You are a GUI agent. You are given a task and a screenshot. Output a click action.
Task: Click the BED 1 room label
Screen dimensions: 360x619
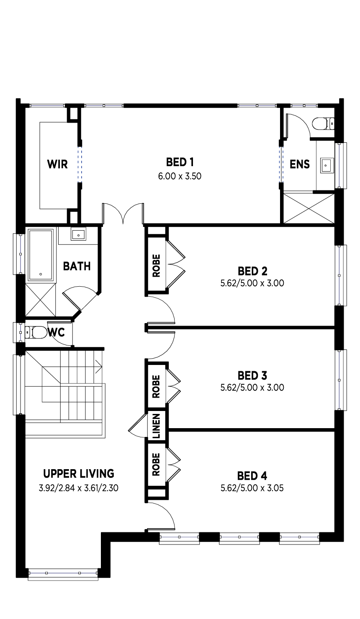point(180,162)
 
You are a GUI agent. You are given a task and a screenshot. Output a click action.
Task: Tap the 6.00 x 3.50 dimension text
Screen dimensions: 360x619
point(180,176)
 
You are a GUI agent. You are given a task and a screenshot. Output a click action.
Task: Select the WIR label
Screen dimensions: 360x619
point(57,164)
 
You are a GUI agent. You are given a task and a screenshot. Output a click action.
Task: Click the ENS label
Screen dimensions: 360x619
point(299,164)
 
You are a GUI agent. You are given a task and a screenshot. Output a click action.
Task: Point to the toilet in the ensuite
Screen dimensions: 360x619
point(323,123)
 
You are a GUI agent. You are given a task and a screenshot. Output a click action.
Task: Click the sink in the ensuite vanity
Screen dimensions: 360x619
point(327,166)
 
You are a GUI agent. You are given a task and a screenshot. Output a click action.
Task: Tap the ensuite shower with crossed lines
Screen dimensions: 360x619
point(309,208)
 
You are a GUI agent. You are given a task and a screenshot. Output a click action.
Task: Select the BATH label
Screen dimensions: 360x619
point(77,266)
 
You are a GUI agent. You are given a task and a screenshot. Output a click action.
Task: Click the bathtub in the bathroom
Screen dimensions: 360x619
point(41,255)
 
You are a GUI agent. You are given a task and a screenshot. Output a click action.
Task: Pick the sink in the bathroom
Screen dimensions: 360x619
point(79,234)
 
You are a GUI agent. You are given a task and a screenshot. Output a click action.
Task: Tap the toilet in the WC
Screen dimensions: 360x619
point(36,332)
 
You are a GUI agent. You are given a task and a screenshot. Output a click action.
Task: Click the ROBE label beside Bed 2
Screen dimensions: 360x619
point(156,266)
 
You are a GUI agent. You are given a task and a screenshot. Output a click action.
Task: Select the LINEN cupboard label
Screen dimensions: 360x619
point(156,426)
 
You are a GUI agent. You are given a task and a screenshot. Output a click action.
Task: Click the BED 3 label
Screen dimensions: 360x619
point(252,375)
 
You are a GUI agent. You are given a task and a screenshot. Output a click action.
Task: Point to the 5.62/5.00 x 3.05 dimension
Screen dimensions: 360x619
point(252,488)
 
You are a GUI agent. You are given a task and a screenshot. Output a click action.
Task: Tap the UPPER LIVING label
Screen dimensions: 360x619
point(79,474)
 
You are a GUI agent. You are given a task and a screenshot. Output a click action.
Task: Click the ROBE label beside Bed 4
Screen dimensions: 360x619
point(156,465)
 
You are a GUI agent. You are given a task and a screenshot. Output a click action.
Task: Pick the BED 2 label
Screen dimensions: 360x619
point(252,271)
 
